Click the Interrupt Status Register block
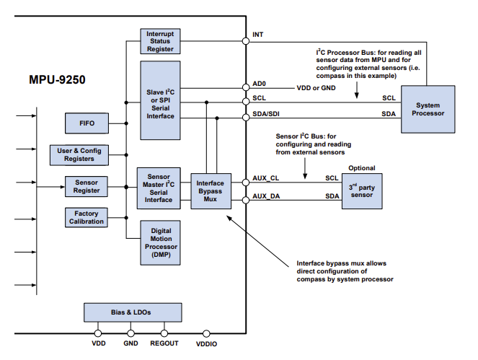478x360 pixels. [x=160, y=42]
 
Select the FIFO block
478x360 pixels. [x=86, y=123]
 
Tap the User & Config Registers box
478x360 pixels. [x=79, y=154]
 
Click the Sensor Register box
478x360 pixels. [x=86, y=186]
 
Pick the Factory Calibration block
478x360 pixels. [x=86, y=217]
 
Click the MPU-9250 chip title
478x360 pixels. [x=57, y=79]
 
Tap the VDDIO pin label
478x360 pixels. [x=208, y=345]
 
